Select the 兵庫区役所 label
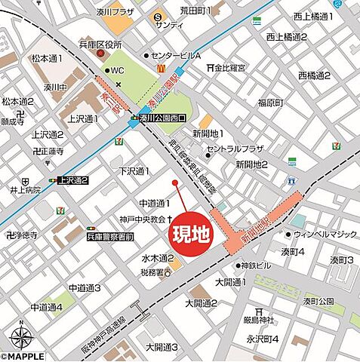(x=101, y=45)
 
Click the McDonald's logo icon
(x=160, y=67)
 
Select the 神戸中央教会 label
(x=143, y=219)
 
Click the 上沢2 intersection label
(x=74, y=180)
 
